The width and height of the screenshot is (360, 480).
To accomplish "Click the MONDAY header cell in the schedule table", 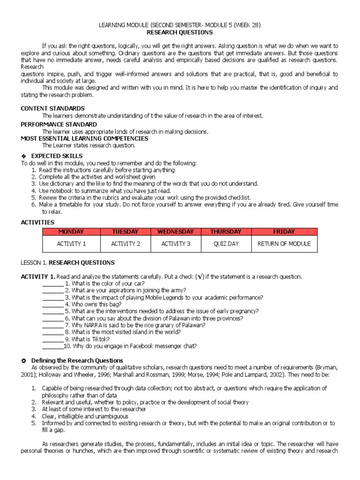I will [70, 232].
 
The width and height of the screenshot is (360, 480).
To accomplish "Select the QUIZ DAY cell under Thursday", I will [226, 244].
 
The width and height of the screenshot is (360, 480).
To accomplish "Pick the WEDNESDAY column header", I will [175, 232].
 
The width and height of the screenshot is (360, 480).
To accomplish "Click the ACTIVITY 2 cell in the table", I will [125, 244].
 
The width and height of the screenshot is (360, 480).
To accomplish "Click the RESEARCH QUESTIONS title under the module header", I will [180, 32].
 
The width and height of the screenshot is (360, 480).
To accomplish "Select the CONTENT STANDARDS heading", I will [46, 108].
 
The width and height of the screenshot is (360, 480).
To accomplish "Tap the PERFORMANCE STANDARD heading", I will [59, 124].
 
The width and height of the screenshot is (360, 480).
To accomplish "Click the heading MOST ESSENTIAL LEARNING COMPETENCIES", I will [84, 139].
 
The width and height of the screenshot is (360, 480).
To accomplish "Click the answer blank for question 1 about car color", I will [52, 284].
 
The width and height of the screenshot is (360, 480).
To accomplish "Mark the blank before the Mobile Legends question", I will [52, 298].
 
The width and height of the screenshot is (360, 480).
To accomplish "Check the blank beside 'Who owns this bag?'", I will [52, 305].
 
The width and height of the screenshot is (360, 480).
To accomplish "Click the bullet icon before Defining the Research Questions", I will [24, 360].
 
